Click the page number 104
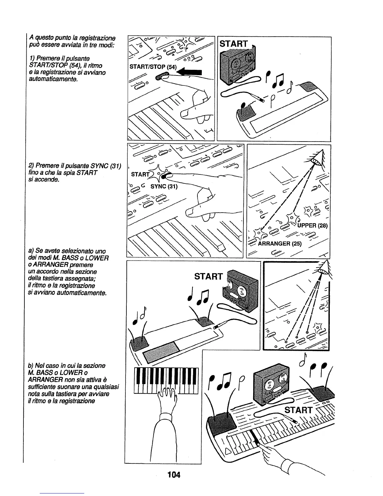(174, 475)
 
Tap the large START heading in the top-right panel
(234, 44)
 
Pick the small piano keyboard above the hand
(166, 380)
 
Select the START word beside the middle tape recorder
(208, 276)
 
